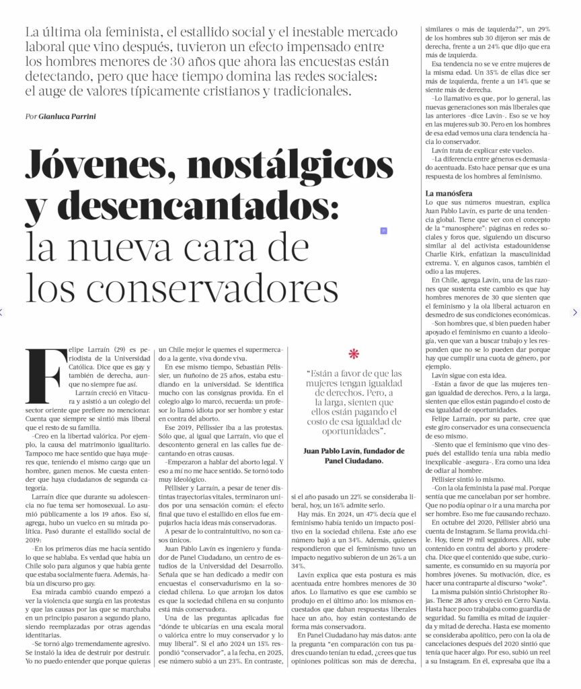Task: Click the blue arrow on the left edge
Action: [2, 312]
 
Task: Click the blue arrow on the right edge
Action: [575, 312]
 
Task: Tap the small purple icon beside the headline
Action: [383, 231]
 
